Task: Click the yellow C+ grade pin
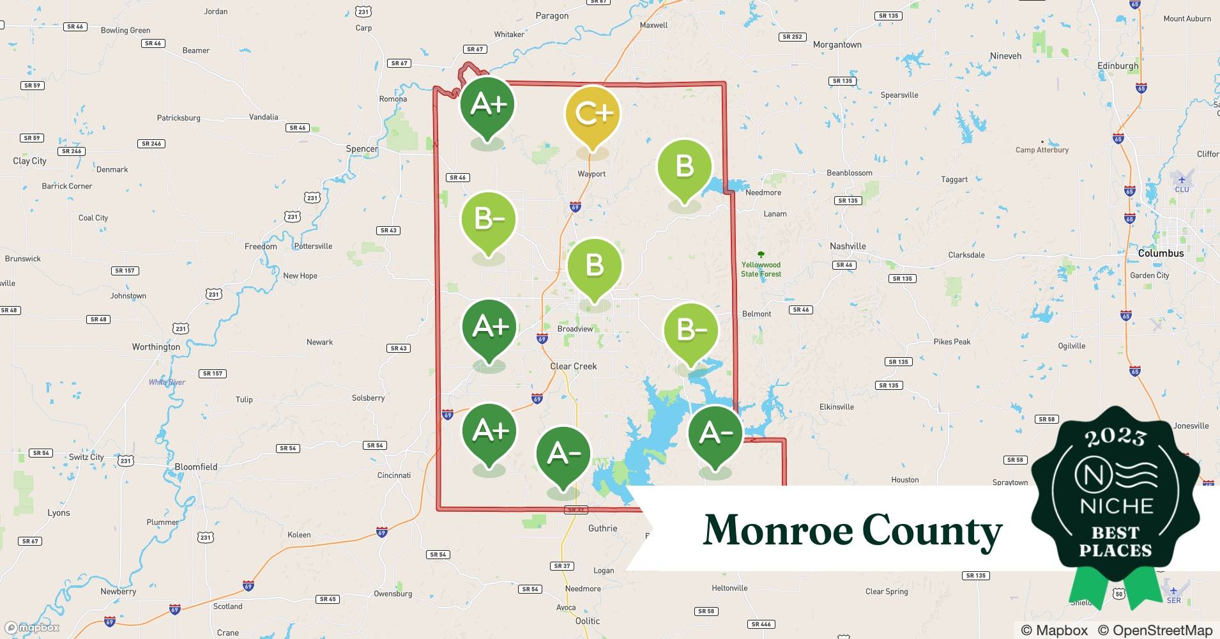click(x=593, y=115)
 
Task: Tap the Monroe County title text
click(x=852, y=531)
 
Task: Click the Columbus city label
click(x=1161, y=253)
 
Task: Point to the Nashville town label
click(x=848, y=246)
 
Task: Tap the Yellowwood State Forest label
click(x=761, y=269)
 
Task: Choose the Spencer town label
click(x=362, y=149)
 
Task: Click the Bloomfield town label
click(x=196, y=467)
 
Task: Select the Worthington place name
click(x=156, y=347)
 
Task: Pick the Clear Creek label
click(x=574, y=366)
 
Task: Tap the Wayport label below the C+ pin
click(x=591, y=174)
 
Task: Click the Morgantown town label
click(x=837, y=45)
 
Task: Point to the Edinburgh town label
click(x=1117, y=66)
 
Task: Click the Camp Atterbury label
click(x=1042, y=150)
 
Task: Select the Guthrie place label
click(x=602, y=528)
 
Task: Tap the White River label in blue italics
click(x=167, y=382)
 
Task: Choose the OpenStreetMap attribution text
click(x=1155, y=630)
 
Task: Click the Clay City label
click(x=29, y=161)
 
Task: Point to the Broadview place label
click(x=575, y=329)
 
